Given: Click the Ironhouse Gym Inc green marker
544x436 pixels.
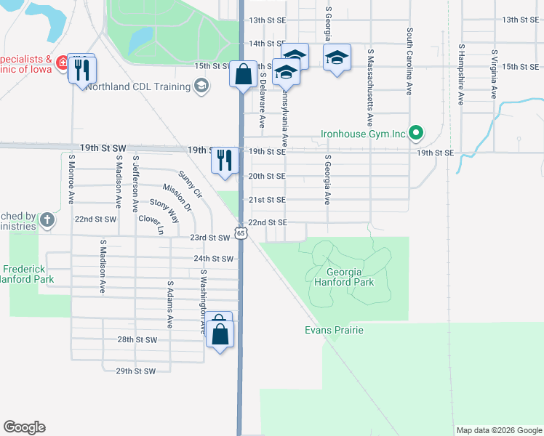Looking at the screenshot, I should pos(416,133).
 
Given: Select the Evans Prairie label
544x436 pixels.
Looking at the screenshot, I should pos(333,330).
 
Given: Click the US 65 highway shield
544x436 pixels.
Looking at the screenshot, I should pos(241,233).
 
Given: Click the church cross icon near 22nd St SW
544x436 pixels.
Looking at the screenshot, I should pos(47,219).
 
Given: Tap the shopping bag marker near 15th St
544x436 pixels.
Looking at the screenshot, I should pos(242,74).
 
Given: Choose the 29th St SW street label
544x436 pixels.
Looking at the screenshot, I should pos(136,371).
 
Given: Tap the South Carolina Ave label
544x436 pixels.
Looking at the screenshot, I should pos(410,62).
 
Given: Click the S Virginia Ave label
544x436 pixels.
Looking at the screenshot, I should pos(494,74).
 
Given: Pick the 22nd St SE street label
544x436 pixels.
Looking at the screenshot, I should pos(268,222).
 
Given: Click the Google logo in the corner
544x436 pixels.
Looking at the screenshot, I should pos(24,427).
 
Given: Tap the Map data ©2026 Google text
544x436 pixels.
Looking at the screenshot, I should pos(498,430).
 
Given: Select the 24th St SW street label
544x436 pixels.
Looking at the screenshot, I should pos(214,258).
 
